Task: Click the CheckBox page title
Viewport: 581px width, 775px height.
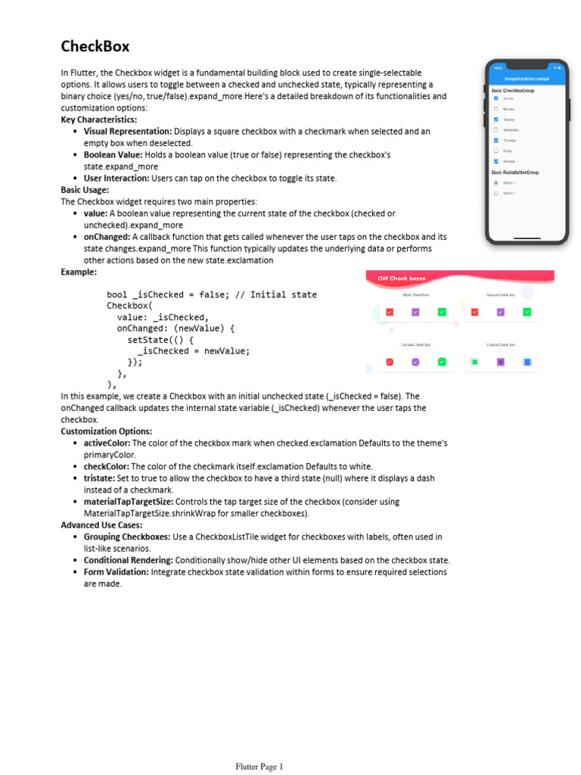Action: pyautogui.click(x=95, y=47)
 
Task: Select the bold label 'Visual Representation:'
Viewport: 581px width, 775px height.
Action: pyautogui.click(x=127, y=131)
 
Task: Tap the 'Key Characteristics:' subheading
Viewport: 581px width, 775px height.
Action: pyautogui.click(x=98, y=120)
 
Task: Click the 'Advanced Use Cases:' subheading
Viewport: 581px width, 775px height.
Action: pyautogui.click(x=101, y=524)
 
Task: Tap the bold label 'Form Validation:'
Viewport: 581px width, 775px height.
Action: pyautogui.click(x=116, y=572)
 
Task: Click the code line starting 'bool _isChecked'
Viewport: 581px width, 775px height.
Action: pyautogui.click(x=212, y=294)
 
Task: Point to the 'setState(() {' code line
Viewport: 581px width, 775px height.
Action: pyautogui.click(x=160, y=340)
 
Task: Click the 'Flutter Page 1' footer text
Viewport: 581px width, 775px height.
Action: pyautogui.click(x=259, y=767)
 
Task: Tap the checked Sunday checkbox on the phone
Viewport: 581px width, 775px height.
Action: pyautogui.click(x=496, y=98)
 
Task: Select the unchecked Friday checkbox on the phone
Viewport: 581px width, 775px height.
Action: pyautogui.click(x=496, y=151)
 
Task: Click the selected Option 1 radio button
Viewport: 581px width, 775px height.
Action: pyautogui.click(x=496, y=182)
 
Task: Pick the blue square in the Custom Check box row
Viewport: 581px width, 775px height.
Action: pyautogui.click(x=527, y=363)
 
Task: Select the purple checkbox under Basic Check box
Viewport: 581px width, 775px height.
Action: pyautogui.click(x=415, y=312)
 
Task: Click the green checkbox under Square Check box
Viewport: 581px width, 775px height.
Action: pyautogui.click(x=527, y=312)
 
